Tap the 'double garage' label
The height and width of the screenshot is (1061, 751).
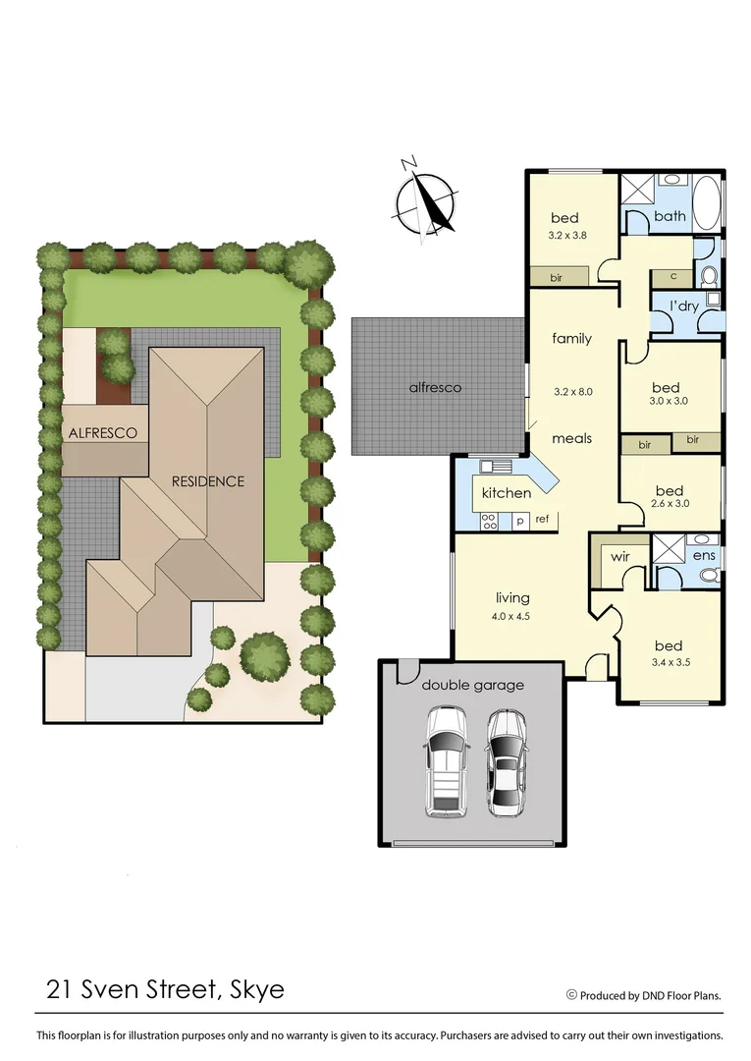tap(473, 685)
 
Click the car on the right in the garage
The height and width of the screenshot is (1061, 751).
tap(507, 762)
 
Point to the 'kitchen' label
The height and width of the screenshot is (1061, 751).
tap(507, 492)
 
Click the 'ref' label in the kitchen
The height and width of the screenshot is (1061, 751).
tap(542, 518)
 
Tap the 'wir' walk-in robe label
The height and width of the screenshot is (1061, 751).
tap(619, 558)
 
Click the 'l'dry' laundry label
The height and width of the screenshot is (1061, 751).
tap(684, 307)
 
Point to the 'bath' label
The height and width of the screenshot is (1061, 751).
tap(670, 216)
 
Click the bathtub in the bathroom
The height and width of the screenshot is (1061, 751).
tap(707, 203)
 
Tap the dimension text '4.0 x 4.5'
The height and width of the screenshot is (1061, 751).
tap(512, 616)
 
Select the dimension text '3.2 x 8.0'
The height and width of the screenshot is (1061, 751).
tap(572, 391)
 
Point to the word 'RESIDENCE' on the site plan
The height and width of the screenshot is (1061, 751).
tap(207, 481)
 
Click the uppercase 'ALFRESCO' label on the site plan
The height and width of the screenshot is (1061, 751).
tap(102, 432)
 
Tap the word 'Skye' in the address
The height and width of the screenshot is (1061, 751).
tap(257, 988)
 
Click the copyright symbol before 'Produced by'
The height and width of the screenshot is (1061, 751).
tap(571, 995)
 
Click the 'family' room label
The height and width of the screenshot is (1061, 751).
tap(571, 339)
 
